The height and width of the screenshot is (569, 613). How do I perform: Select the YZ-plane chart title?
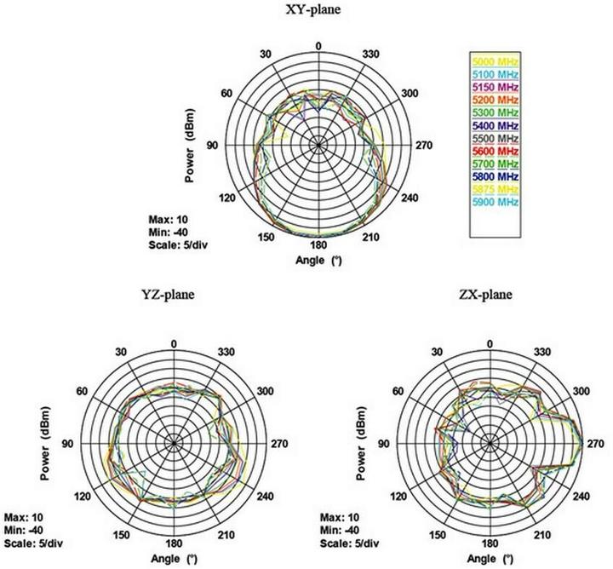(169, 296)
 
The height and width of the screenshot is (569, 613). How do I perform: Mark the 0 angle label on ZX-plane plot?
(489, 343)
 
